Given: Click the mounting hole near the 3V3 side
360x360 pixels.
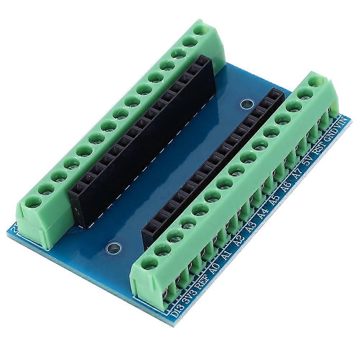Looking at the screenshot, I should point(113,248).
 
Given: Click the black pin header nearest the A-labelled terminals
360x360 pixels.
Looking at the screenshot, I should point(212,165).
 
